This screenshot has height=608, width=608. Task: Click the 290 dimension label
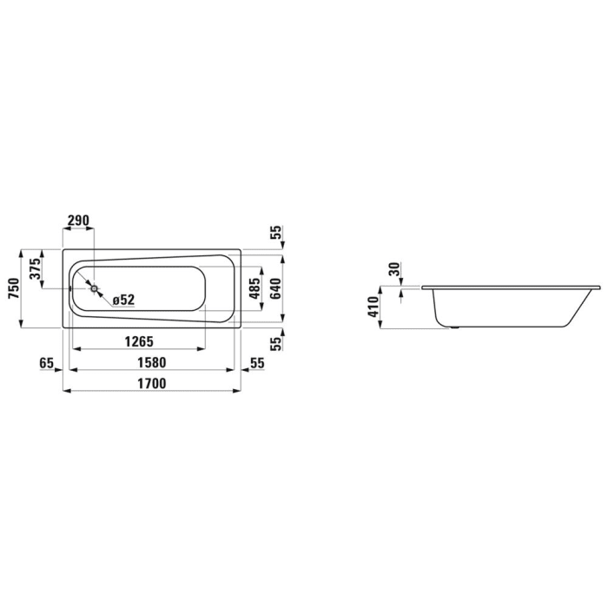78,221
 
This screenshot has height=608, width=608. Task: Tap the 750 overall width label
13,288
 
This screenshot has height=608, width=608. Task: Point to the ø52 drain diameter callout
122,300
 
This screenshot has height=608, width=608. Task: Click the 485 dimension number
254,288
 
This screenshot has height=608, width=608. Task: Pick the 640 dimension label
275,288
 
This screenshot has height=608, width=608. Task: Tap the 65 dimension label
47,362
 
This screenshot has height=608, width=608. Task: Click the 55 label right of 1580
257,362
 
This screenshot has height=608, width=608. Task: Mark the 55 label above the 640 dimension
275,233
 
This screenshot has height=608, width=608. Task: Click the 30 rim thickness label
395,270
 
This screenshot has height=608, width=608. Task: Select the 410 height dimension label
373,307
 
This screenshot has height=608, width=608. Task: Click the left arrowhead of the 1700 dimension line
66,391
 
